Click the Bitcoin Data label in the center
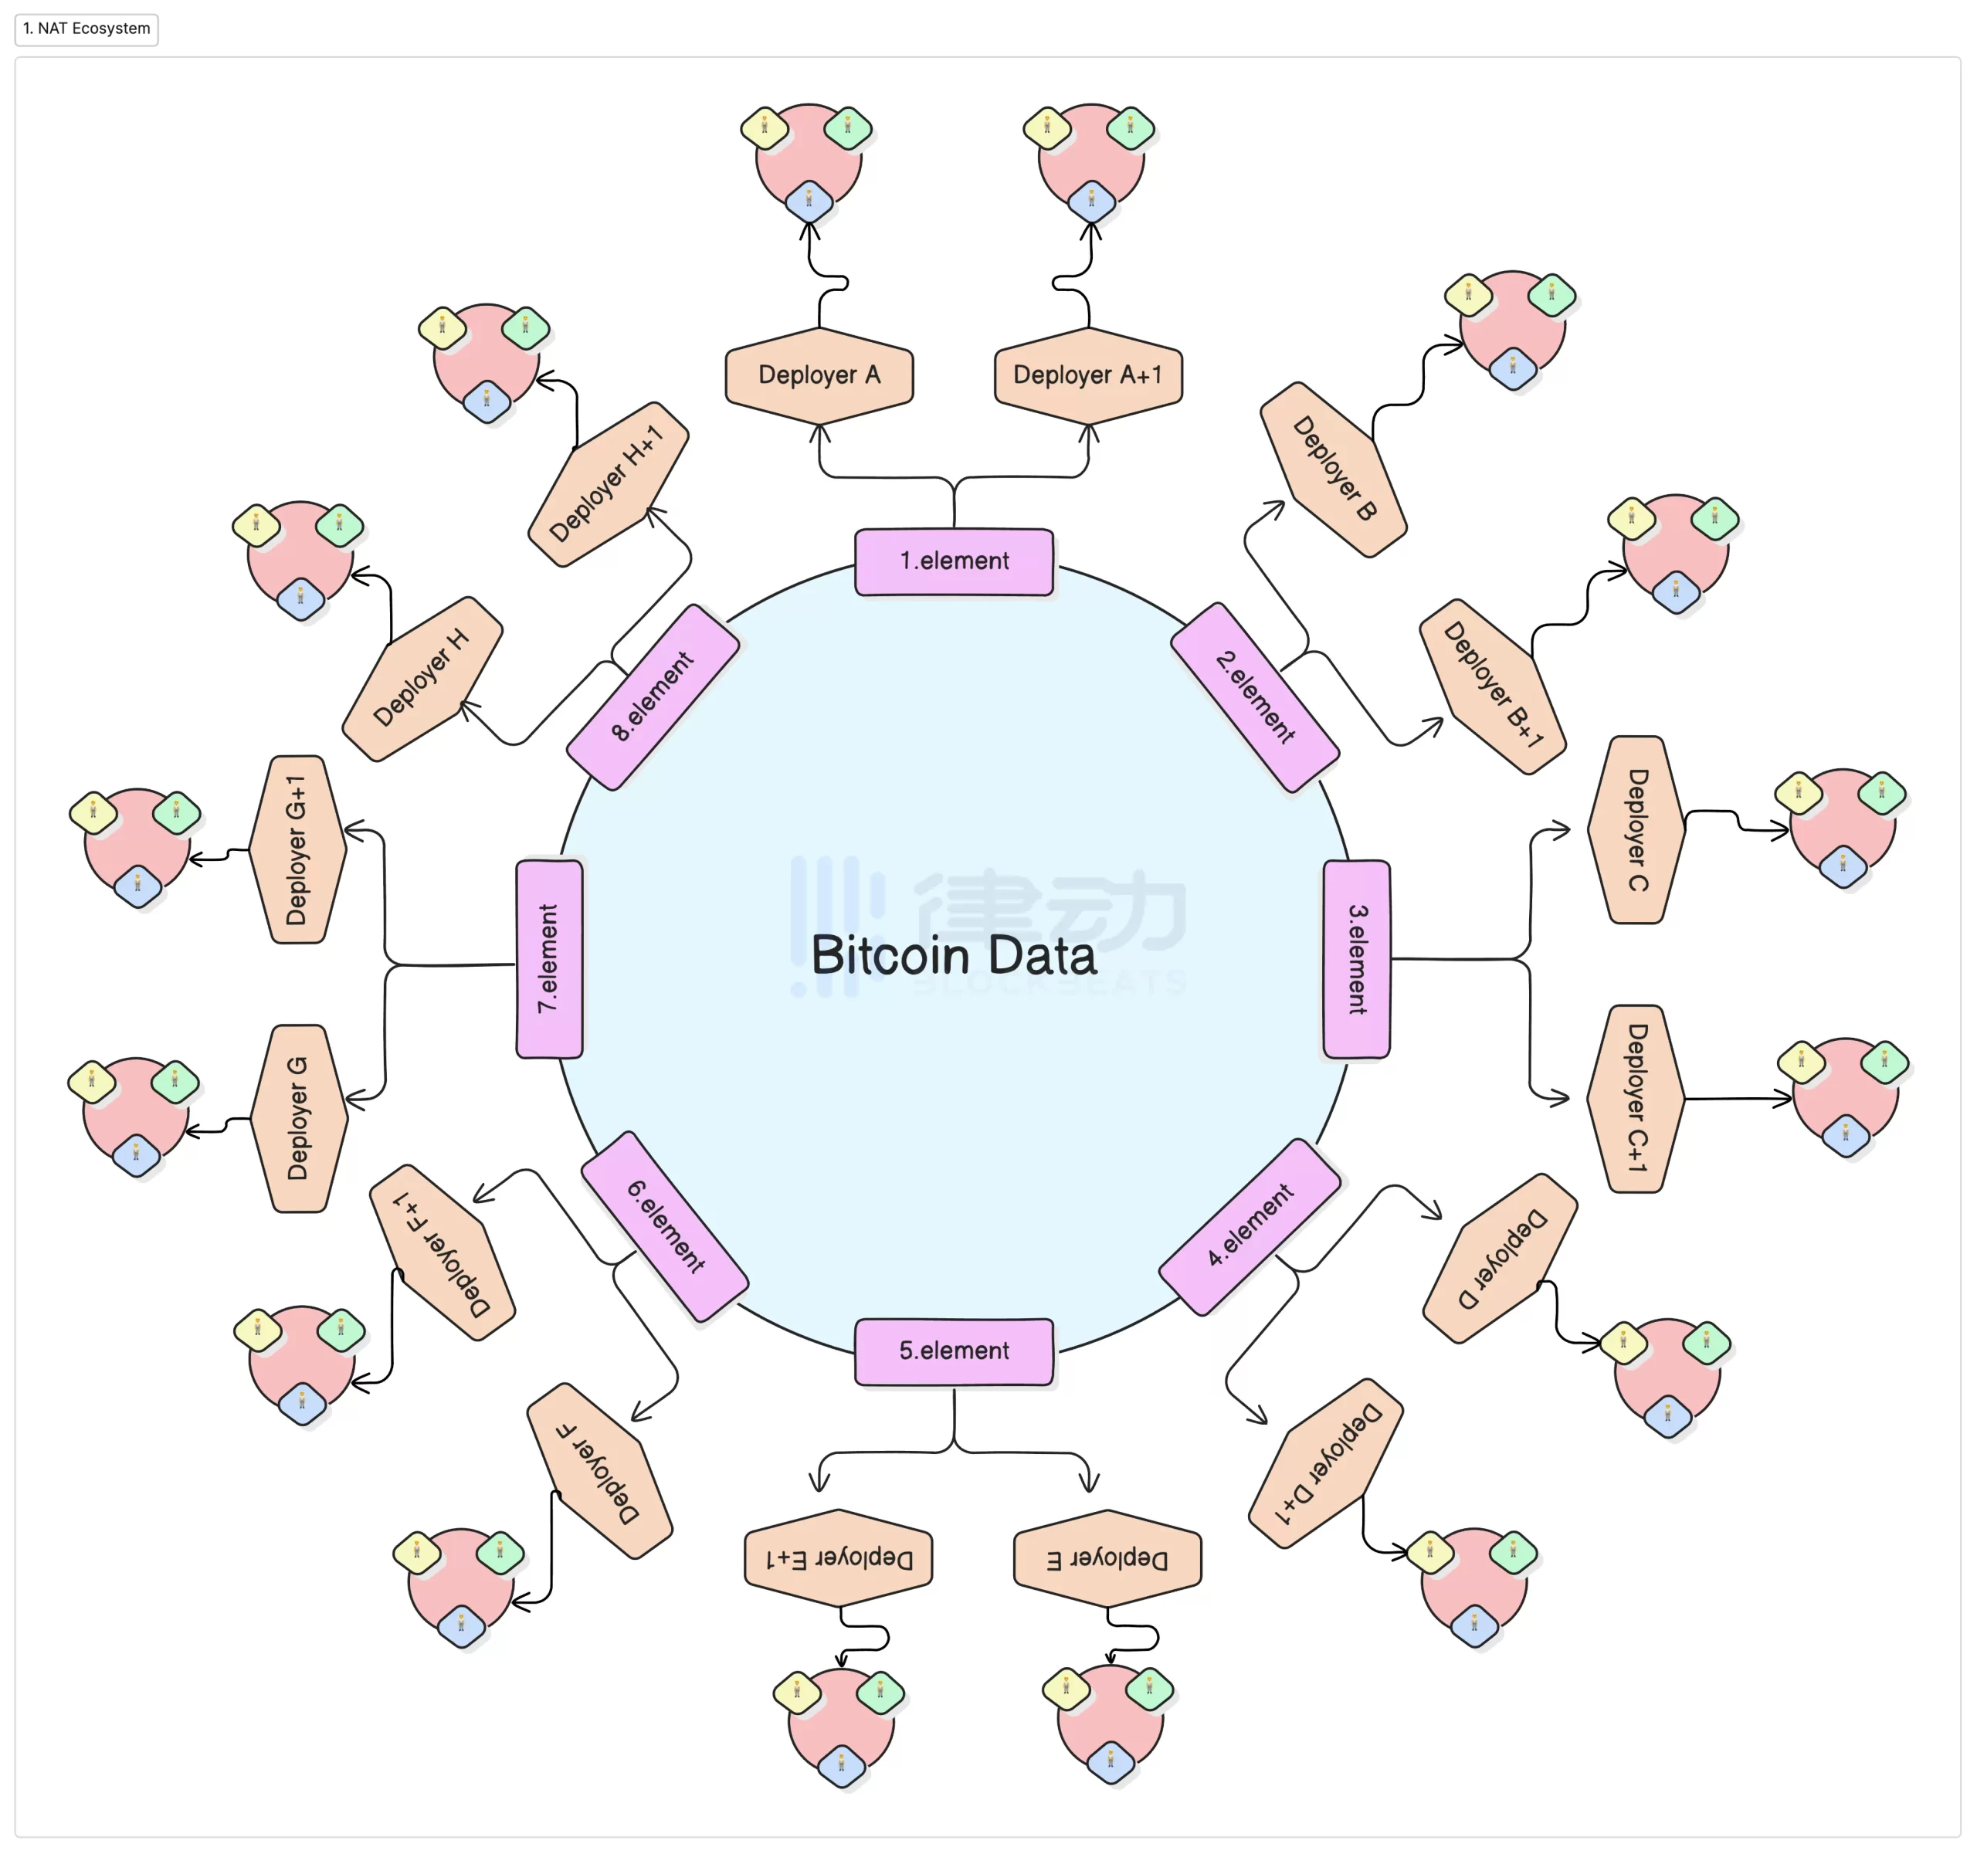point(954,955)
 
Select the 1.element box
point(954,561)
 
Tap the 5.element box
point(954,1351)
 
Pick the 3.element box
point(1356,958)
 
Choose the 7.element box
point(549,958)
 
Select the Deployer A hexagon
point(819,375)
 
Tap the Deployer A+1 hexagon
point(1088,375)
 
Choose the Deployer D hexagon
point(1501,1258)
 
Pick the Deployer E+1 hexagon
point(839,1557)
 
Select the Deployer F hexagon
point(599,1470)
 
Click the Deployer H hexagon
point(422,679)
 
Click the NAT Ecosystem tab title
point(87,29)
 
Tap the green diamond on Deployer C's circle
point(1881,793)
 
